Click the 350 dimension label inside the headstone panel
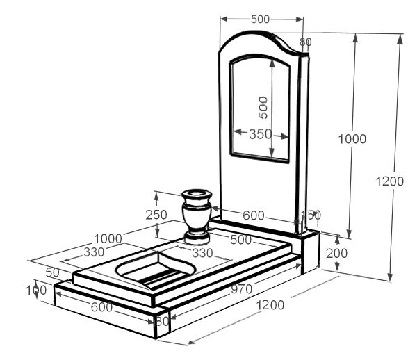click(259, 134)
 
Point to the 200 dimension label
click(336, 254)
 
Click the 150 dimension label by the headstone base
click(309, 215)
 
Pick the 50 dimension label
click(33, 272)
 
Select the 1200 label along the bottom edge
click(270, 304)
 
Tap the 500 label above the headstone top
click(260, 19)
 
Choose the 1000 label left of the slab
click(108, 238)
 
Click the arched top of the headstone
click(261, 42)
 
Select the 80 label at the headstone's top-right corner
click(305, 42)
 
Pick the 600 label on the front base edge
click(101, 306)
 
